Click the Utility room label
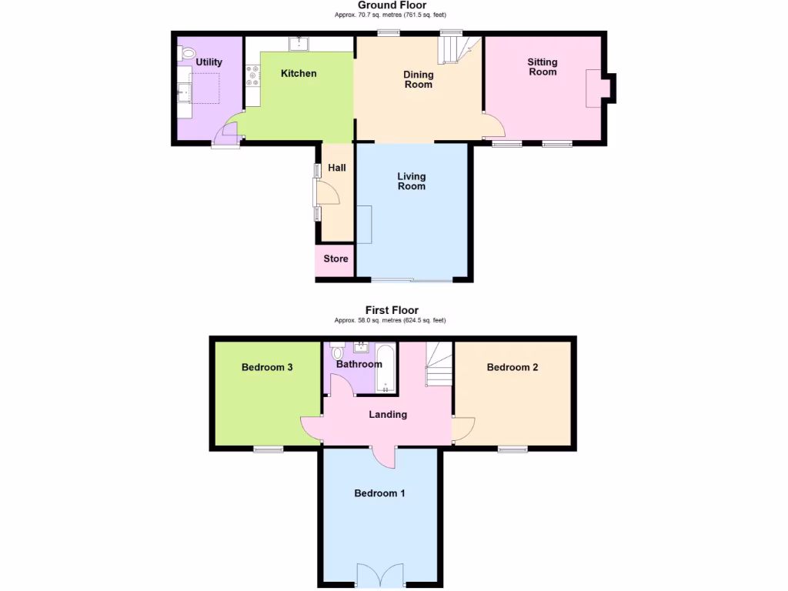[x=209, y=62]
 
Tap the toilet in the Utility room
[x=186, y=54]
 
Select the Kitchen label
[x=299, y=74]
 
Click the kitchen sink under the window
[x=299, y=43]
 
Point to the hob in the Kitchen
[x=252, y=75]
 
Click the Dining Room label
[x=419, y=79]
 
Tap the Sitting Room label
[x=543, y=67]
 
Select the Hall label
[x=337, y=168]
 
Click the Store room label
[x=336, y=259]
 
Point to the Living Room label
[x=412, y=182]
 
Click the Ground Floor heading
[x=392, y=5]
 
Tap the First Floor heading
[x=392, y=311]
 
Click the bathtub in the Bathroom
[x=387, y=369]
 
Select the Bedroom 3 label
[x=267, y=368]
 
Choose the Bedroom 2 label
[x=513, y=368]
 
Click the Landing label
[x=388, y=415]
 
